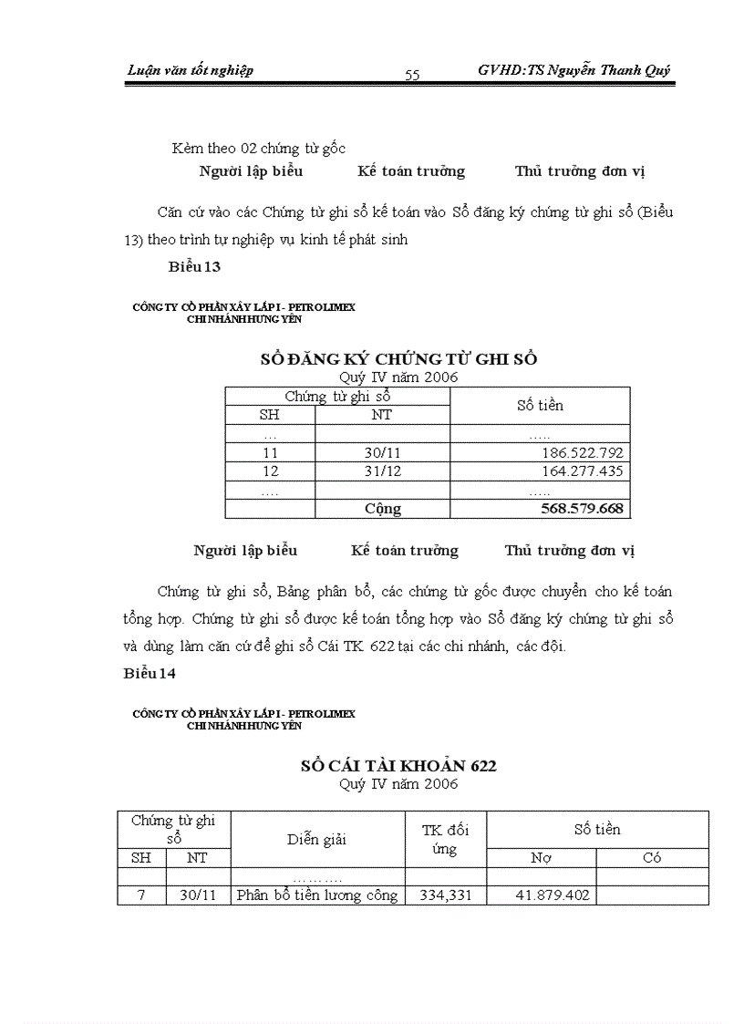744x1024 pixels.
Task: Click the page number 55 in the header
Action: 412,75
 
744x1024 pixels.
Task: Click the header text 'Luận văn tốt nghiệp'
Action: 190,70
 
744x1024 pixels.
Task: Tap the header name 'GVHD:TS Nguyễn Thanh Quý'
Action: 575,70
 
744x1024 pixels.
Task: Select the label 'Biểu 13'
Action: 194,266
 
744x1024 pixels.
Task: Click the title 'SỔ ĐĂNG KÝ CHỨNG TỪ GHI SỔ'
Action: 398,358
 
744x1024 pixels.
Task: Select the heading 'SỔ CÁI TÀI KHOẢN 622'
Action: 398,766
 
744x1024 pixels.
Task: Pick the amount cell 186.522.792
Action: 581,452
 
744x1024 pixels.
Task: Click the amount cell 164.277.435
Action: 581,471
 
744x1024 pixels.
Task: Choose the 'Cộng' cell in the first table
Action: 382,509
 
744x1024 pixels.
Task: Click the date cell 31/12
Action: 382,471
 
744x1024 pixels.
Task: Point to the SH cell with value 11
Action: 270,452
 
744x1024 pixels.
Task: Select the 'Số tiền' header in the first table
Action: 540,405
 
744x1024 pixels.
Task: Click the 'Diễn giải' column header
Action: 317,839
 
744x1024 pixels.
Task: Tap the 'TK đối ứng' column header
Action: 445,839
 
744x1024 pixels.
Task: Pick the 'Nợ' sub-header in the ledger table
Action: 541,858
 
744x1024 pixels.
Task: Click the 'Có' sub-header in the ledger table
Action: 652,858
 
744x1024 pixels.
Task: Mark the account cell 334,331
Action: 445,895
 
